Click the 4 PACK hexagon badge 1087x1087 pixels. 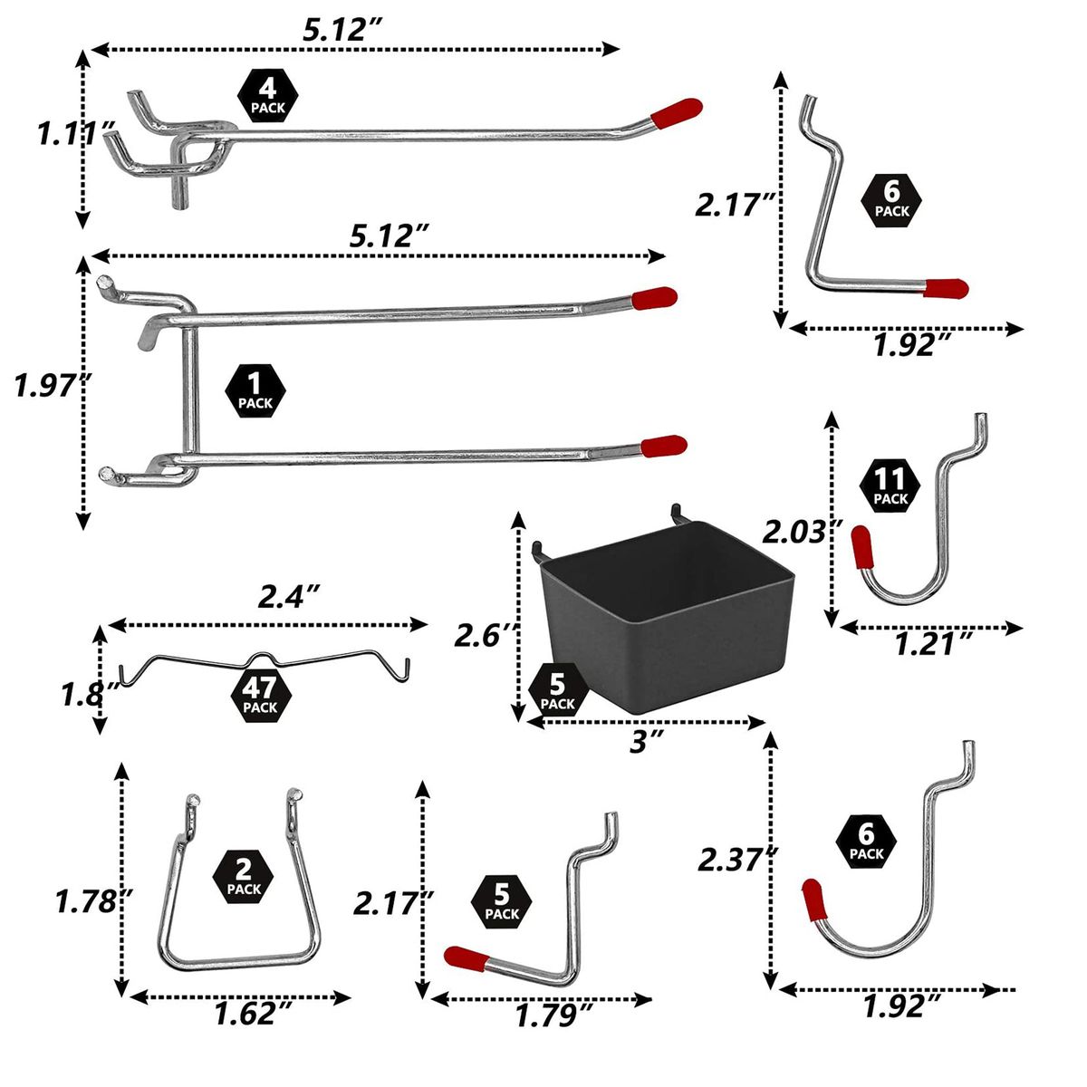coord(268,96)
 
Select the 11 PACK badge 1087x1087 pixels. coord(890,486)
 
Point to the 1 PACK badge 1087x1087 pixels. coord(255,391)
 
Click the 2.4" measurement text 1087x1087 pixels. coord(289,597)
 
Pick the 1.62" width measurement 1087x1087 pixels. coord(253,1014)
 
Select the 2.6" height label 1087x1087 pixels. coord(486,637)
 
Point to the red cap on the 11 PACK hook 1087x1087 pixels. coord(861,547)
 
